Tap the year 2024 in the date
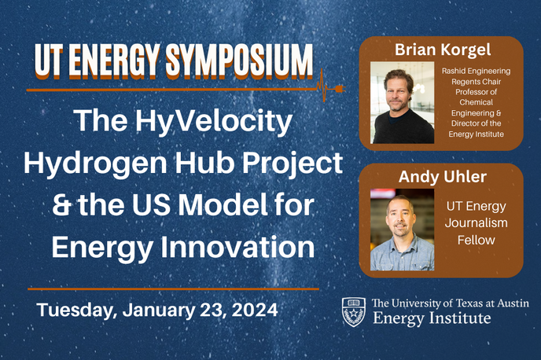tap(255, 309)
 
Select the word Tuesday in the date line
tap(74, 310)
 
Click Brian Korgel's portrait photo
tap(403, 102)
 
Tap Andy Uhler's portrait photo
tap(402, 232)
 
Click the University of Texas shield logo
tap(353, 312)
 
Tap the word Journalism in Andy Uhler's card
tap(476, 223)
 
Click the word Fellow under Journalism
tap(476, 240)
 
